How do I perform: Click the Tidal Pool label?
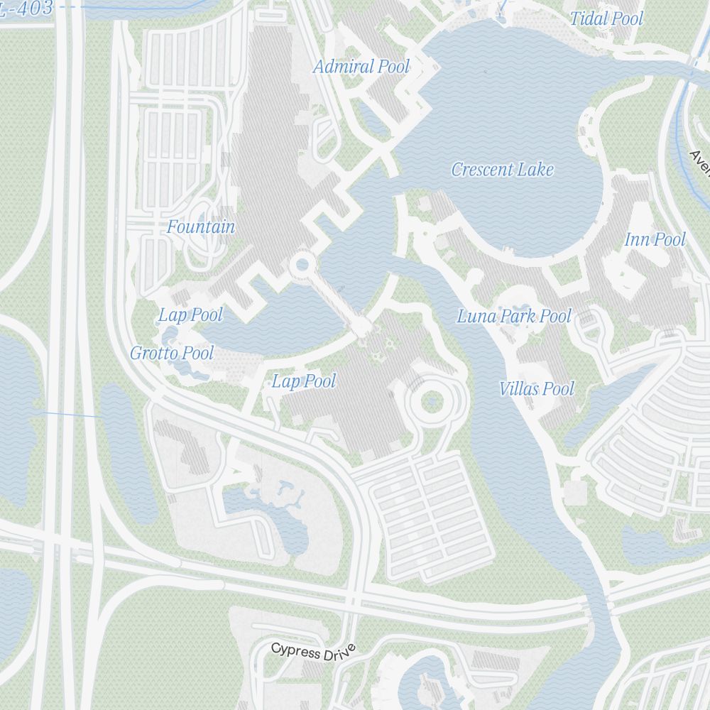tap(606, 19)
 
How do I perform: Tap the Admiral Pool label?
tap(361, 67)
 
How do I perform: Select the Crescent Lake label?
tap(503, 170)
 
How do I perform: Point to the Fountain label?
tap(201, 227)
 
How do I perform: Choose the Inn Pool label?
tap(655, 240)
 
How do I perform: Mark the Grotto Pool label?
tap(172, 353)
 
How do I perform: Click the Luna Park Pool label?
tap(514, 316)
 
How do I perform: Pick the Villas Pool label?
tap(537, 388)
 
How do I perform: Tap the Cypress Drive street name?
tap(312, 651)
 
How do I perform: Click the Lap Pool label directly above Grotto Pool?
tap(190, 315)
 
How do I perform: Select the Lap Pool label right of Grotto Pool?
tap(304, 381)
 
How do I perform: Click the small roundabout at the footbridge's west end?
tap(302, 265)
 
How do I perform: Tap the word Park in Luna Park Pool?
tap(519, 316)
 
